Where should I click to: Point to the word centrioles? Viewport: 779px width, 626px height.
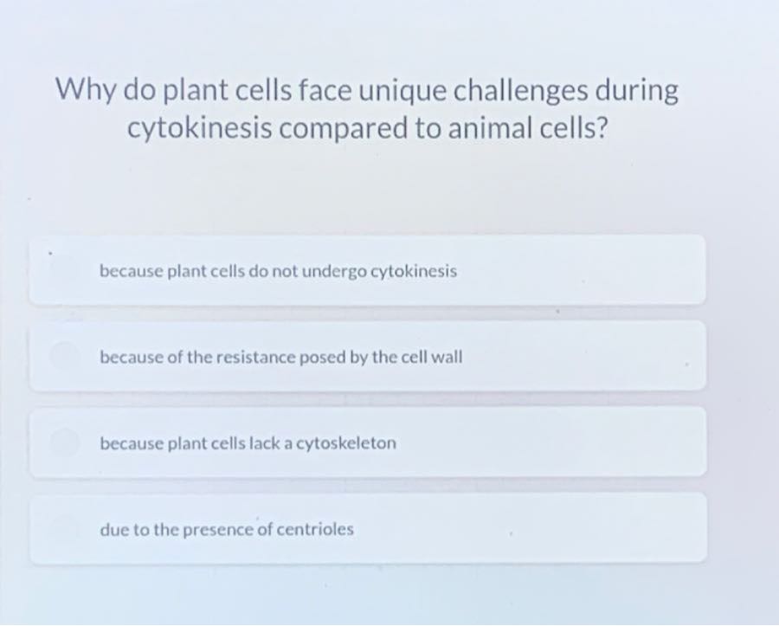(x=315, y=529)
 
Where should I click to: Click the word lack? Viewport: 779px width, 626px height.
(x=272, y=443)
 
